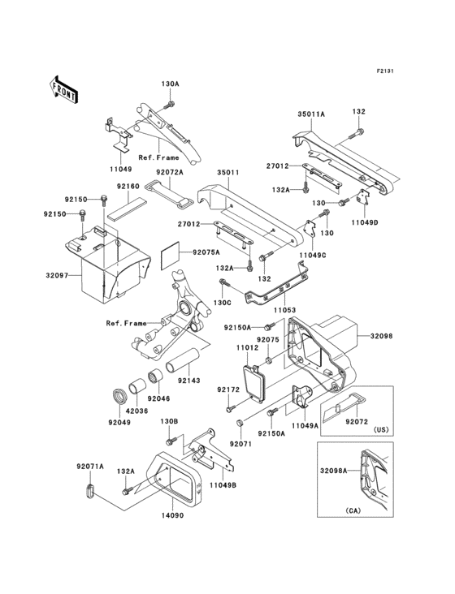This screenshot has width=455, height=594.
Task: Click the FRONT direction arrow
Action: pos(64,88)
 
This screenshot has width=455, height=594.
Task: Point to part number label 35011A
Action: pos(310,116)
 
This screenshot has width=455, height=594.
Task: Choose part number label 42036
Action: pos(138,411)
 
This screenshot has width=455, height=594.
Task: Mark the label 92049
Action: pos(120,422)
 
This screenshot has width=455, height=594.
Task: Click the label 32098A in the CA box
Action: pos(333,470)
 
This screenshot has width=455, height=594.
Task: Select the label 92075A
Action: pos(206,252)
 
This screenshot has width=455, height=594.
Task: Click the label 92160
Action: pos(128,186)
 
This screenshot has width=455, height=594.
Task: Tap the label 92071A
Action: pos(89,466)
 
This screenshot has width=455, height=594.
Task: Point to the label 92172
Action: pos(228,390)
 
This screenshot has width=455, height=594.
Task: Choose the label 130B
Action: pos(169,421)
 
